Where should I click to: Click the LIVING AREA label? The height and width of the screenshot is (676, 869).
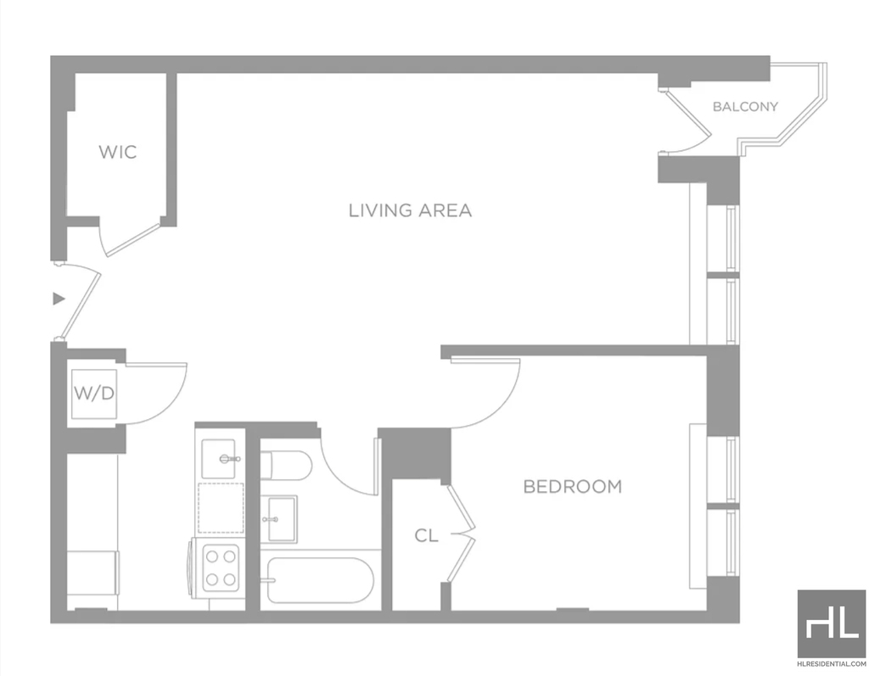[x=410, y=210]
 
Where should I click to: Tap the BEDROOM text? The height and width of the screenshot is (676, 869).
[x=573, y=487]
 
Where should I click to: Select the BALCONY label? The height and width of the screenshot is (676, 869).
[x=745, y=106]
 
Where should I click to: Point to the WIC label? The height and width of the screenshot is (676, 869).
[x=117, y=152]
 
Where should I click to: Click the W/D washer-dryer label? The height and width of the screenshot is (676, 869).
[x=94, y=394]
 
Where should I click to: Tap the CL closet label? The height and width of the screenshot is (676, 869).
[x=426, y=535]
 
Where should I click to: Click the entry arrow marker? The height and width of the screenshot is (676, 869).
[x=59, y=299]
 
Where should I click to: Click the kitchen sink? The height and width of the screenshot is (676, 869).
[x=220, y=459]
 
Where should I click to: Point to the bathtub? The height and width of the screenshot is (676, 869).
[x=320, y=580]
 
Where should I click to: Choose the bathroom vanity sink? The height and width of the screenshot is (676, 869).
[x=282, y=519]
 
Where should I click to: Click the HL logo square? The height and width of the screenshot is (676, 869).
[x=831, y=623]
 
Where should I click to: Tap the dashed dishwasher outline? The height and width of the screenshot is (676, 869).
[x=221, y=508]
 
